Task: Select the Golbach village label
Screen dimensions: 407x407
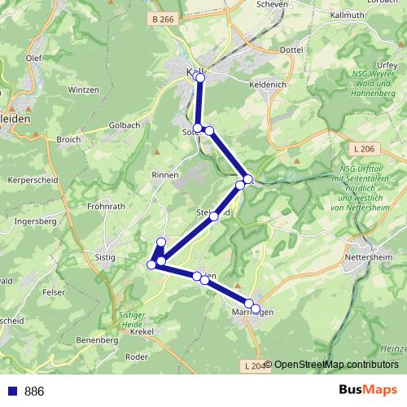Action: [125, 125]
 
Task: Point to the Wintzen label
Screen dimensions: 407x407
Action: [84, 90]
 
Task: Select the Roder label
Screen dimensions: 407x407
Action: [137, 357]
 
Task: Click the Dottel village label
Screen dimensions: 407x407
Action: [291, 50]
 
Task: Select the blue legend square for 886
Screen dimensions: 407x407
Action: [11, 391]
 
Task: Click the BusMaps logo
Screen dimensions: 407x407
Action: [369, 390]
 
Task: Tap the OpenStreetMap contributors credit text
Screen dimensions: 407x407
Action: [336, 364]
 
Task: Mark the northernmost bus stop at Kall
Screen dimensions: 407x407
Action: [200, 77]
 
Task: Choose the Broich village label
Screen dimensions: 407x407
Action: [69, 139]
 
